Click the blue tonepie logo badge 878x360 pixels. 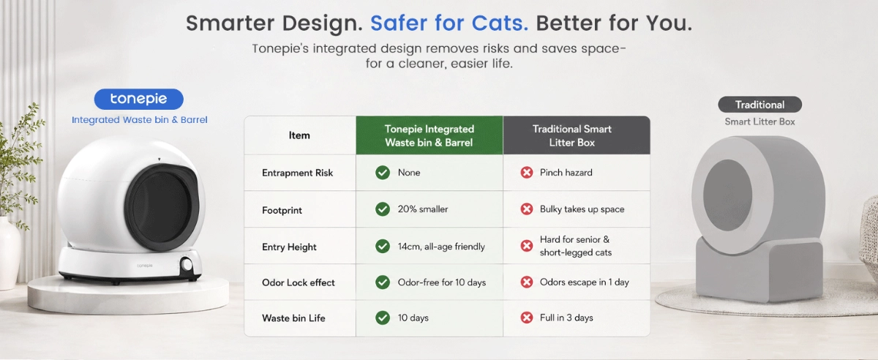(139, 100)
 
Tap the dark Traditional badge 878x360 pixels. (759, 105)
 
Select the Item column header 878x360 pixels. (299, 135)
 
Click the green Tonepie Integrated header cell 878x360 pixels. (429, 135)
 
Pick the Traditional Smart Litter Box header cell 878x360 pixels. (577, 135)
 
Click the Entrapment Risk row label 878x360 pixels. (298, 173)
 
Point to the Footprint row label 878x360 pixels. (282, 210)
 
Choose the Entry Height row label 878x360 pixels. (289, 247)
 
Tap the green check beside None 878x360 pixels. (383, 173)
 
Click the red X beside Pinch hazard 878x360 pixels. (526, 173)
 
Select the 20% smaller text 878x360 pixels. (423, 209)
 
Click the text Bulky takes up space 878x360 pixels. (582, 209)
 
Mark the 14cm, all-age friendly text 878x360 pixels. (441, 247)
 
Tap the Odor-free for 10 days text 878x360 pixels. (442, 282)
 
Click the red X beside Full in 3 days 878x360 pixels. (526, 318)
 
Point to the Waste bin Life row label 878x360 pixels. (293, 318)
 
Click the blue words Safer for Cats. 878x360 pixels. (449, 23)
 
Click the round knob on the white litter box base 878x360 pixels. (186, 265)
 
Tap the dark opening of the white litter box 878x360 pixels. (162, 208)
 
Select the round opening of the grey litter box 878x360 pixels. (727, 195)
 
